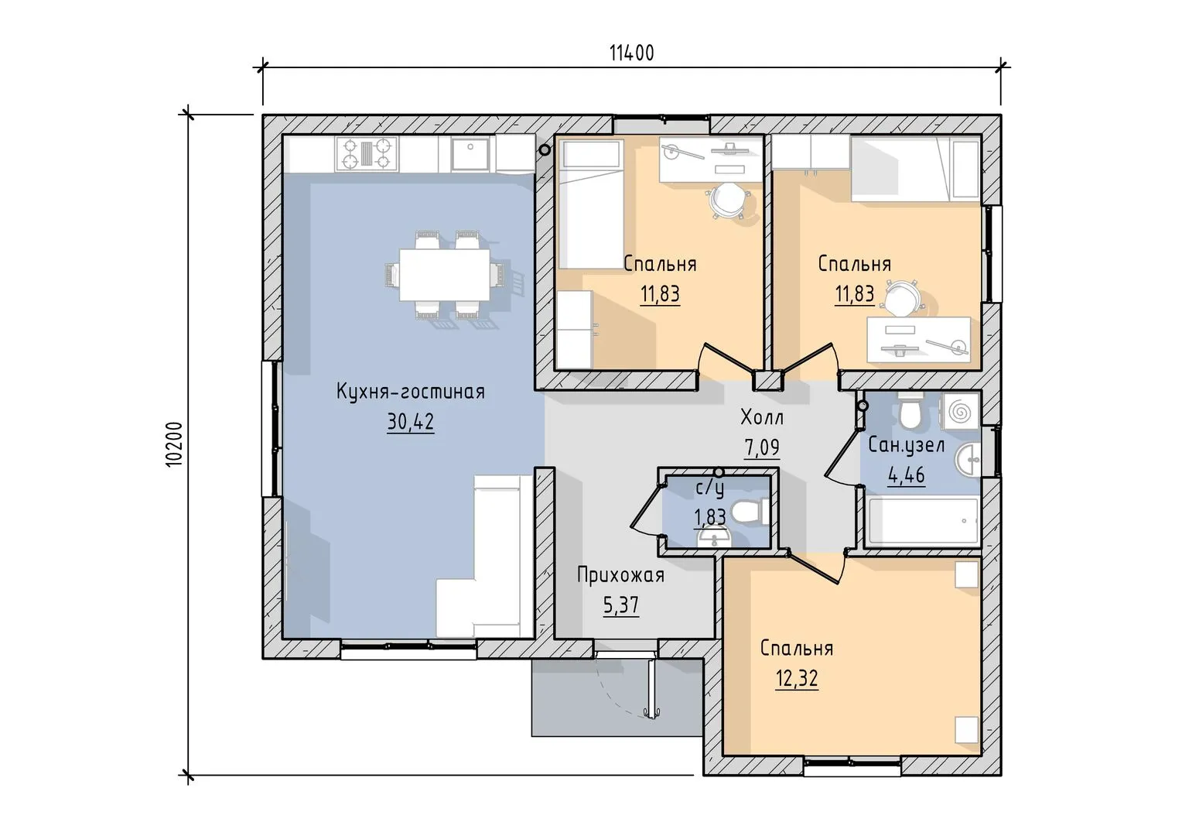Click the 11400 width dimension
point(632,53)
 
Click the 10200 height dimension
point(174,444)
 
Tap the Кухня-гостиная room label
point(411,392)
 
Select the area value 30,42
point(411,421)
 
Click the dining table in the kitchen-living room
point(444,275)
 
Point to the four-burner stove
point(367,154)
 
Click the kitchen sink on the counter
point(470,154)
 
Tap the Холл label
point(762,417)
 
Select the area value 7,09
point(761,447)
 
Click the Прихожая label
point(620,575)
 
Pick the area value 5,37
point(621,605)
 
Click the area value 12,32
point(797,679)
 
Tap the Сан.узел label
point(906,446)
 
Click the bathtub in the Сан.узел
point(923,521)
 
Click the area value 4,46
point(906,475)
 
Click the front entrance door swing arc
point(617,698)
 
